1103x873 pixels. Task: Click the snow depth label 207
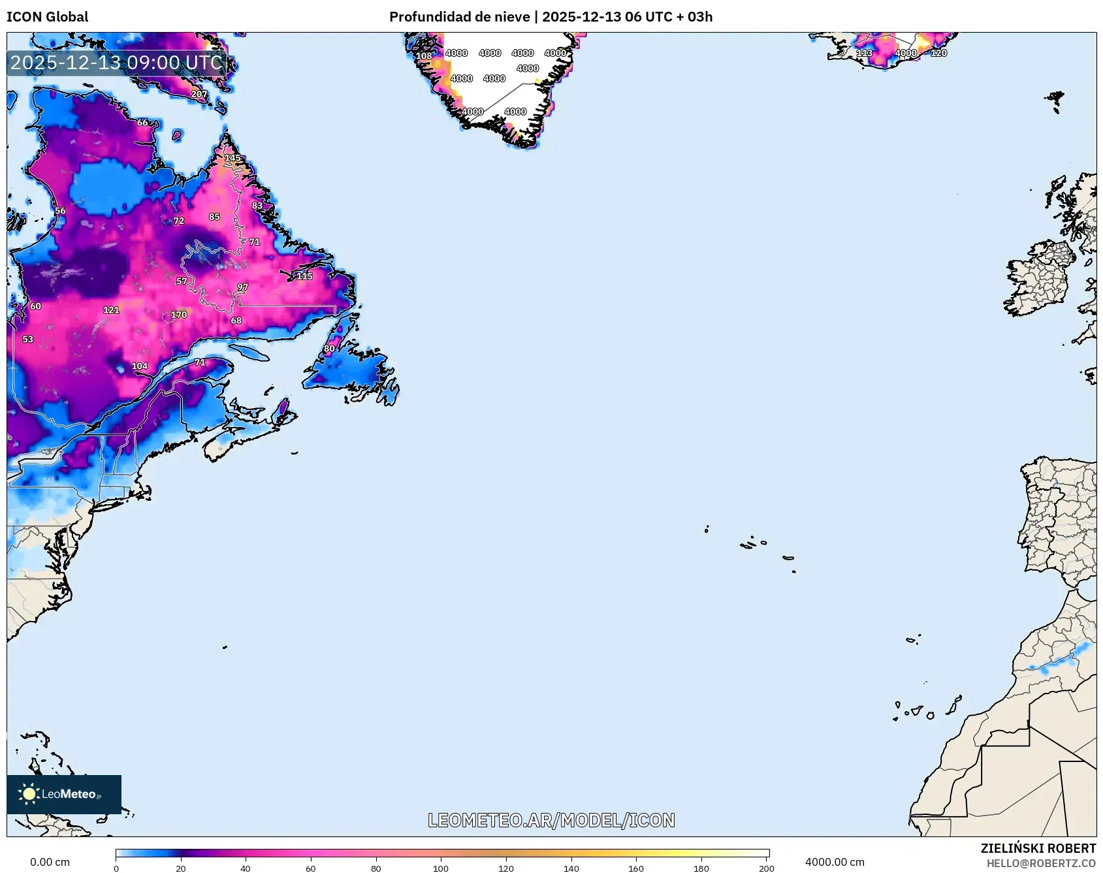(199, 94)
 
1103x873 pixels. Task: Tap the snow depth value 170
(179, 315)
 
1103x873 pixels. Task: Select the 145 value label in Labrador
(232, 158)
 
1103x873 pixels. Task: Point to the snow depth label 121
(111, 310)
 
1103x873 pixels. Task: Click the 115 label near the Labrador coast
(304, 276)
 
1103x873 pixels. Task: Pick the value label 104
(140, 366)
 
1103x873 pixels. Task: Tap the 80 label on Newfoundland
(329, 349)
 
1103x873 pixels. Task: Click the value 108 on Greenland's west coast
(424, 56)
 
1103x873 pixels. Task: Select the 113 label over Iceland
(865, 53)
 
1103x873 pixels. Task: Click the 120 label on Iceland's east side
(938, 53)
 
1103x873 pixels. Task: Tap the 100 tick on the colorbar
(441, 868)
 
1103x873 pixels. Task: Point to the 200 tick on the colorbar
(767, 868)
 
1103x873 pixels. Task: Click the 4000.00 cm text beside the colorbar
(834, 862)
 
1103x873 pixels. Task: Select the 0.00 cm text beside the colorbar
(50, 862)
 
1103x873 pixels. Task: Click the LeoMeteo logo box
(64, 794)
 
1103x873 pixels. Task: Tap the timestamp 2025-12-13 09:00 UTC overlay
(116, 63)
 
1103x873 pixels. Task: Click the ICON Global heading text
(47, 17)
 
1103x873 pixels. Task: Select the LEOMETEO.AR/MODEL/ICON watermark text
(551, 820)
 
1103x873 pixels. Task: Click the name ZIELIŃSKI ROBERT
(1038, 848)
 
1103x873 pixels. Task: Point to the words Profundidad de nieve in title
(459, 17)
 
